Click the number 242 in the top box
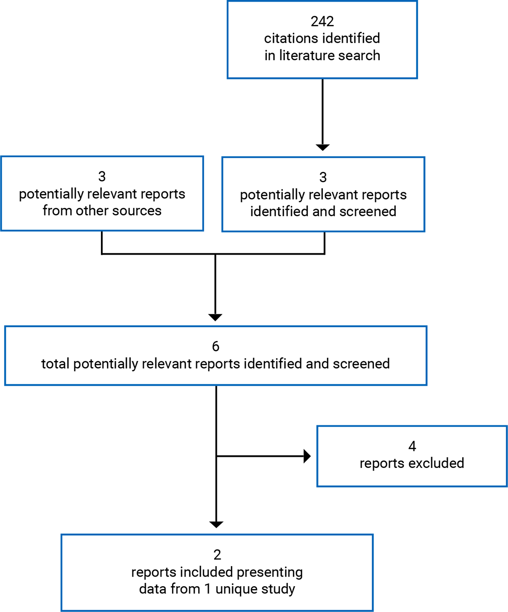(x=322, y=21)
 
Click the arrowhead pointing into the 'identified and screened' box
(x=322, y=147)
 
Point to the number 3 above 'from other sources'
(x=102, y=176)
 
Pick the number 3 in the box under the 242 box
(x=323, y=177)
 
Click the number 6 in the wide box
(x=216, y=346)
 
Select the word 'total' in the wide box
(x=56, y=364)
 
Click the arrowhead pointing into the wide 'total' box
(x=215, y=317)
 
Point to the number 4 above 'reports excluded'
(x=412, y=446)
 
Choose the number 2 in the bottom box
(x=217, y=554)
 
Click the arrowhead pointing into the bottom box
(x=216, y=524)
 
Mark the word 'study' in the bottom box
(x=278, y=589)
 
